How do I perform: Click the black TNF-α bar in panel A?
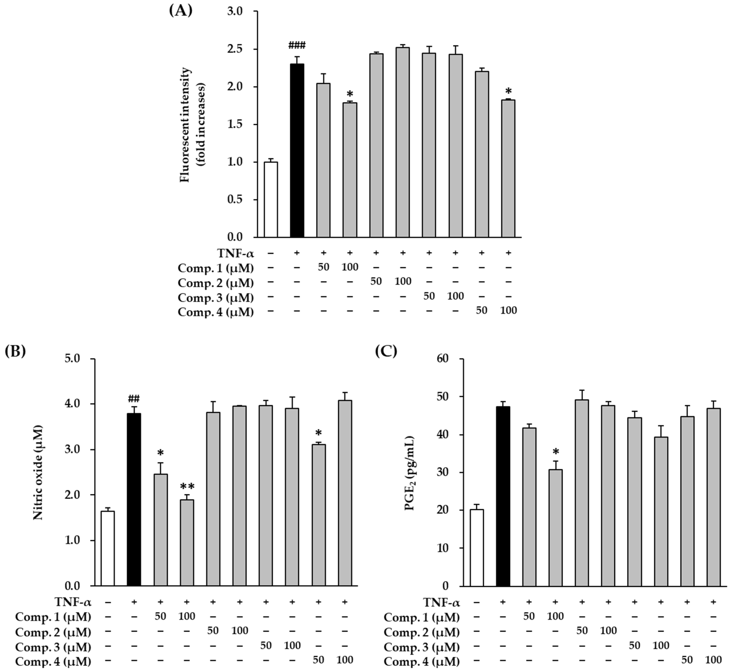tap(297, 151)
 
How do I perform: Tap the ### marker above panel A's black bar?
tap(297, 45)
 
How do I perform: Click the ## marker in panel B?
tap(134, 399)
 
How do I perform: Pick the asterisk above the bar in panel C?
tap(555, 452)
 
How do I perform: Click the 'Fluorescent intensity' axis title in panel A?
tap(185, 125)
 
